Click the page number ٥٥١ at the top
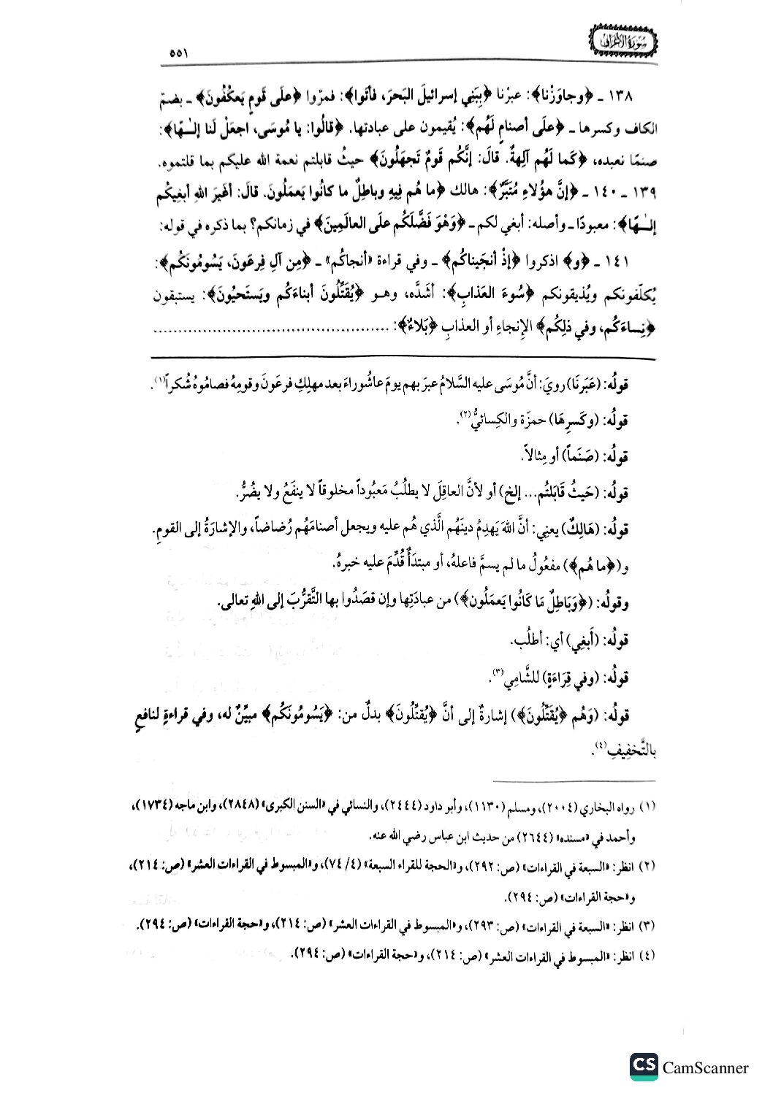click(x=178, y=52)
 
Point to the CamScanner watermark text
click(x=705, y=1067)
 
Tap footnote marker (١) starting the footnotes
click(x=649, y=807)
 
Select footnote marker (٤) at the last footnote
click(x=649, y=955)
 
